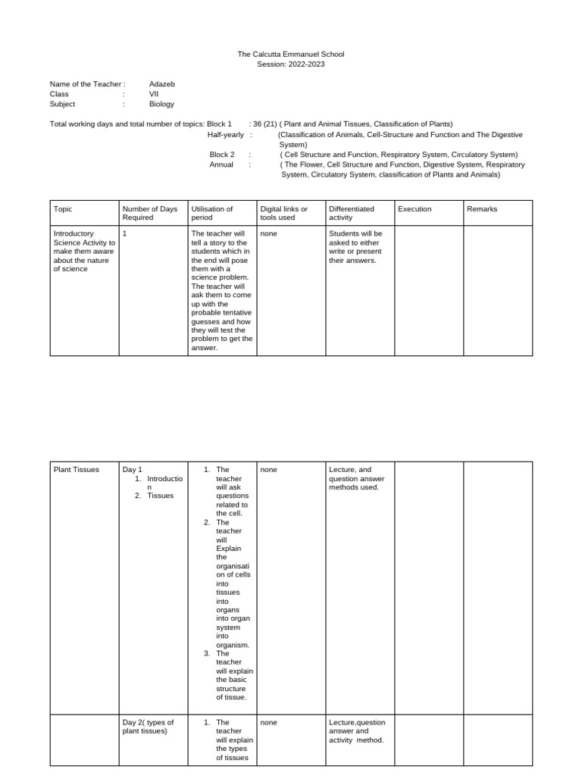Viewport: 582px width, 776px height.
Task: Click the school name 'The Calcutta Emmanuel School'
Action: [x=291, y=55]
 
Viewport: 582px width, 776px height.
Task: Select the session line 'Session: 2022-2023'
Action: [x=291, y=64]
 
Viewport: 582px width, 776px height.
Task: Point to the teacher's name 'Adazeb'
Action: [x=162, y=84]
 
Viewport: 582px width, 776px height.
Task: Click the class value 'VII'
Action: [x=154, y=94]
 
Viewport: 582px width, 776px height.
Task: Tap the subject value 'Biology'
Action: [x=161, y=105]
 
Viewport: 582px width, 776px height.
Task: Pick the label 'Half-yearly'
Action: [x=226, y=134]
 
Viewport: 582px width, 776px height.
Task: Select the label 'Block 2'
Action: [x=222, y=154]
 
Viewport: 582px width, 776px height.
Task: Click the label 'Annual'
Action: [x=221, y=164]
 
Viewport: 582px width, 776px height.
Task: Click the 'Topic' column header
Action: [x=63, y=209]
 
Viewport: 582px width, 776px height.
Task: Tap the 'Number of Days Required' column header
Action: [x=149, y=213]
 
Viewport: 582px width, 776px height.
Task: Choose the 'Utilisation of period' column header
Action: [x=212, y=213]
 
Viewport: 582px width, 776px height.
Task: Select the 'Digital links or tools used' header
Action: [x=283, y=213]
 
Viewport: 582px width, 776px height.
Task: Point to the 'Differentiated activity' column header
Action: [x=352, y=213]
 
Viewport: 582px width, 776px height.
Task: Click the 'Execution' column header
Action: [x=415, y=209]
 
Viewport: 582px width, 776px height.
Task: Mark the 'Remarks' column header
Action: [x=482, y=209]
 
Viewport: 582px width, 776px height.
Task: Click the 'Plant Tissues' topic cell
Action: [x=77, y=470]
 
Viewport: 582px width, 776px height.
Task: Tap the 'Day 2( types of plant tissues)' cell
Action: [x=149, y=727]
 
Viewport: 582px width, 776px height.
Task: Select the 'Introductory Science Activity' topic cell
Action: [x=84, y=251]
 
